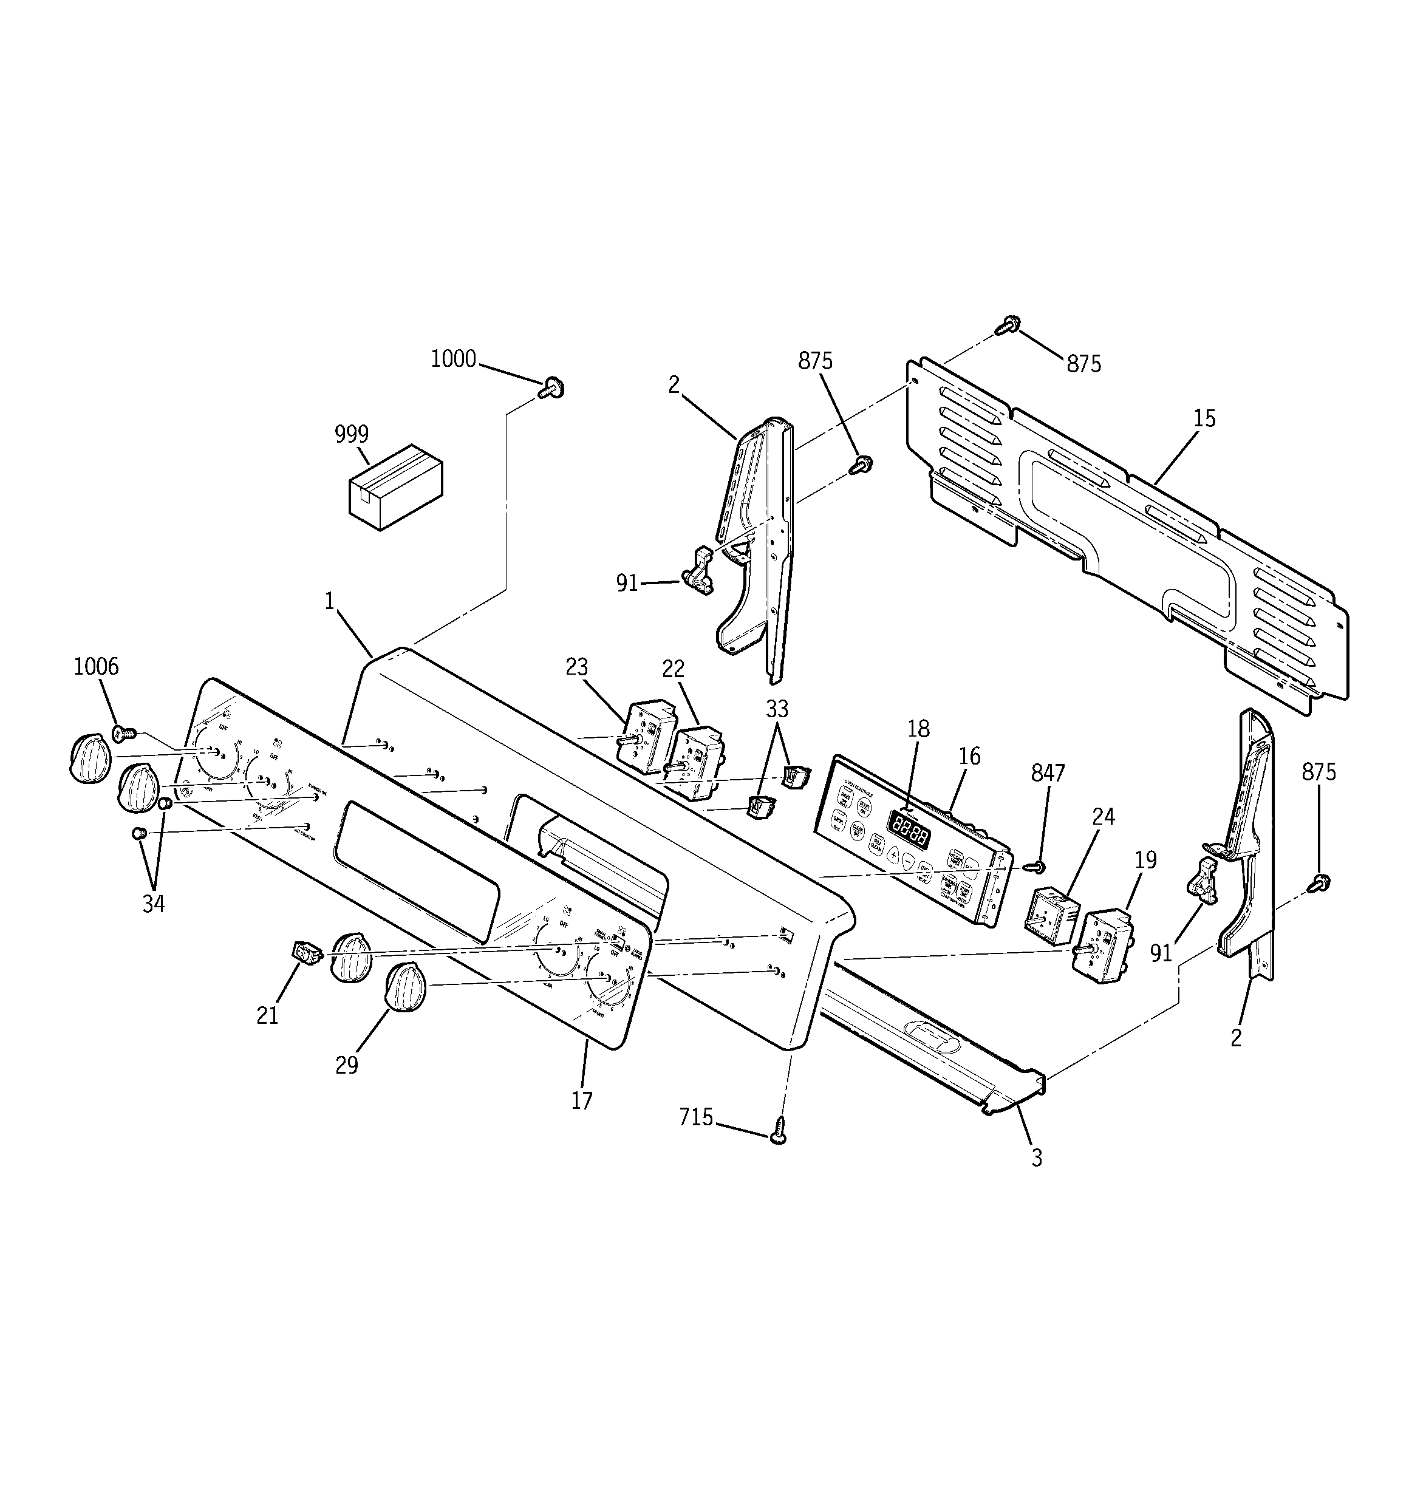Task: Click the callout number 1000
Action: (x=453, y=358)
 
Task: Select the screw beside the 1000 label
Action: (x=552, y=389)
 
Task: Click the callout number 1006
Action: (x=96, y=666)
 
